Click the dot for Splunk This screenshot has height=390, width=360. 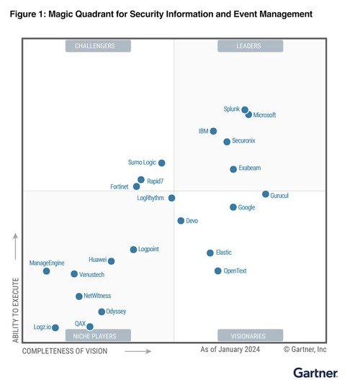click(x=245, y=110)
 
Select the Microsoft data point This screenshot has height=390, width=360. click(x=249, y=114)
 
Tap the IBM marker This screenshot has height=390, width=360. click(x=213, y=131)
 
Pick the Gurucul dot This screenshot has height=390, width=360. click(x=266, y=194)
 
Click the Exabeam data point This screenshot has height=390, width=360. click(x=233, y=169)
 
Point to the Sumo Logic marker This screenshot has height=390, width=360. click(x=162, y=163)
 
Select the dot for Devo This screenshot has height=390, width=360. click(x=181, y=221)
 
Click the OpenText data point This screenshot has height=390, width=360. click(x=218, y=271)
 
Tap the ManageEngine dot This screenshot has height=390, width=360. click(x=47, y=271)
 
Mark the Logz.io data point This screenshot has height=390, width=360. click(x=55, y=327)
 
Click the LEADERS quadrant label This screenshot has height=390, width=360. click(x=250, y=46)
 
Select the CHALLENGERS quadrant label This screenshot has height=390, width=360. click(x=99, y=46)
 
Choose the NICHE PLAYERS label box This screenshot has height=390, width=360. click(x=99, y=335)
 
